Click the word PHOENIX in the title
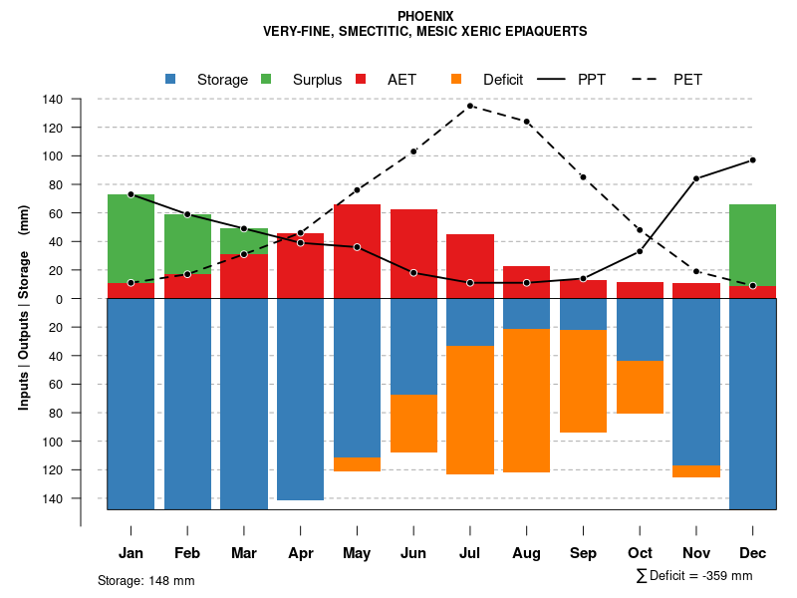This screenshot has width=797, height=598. (x=425, y=16)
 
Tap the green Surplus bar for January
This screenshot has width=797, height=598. (x=131, y=238)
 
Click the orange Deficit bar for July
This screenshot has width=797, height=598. (x=470, y=410)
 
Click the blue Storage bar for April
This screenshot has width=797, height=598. (x=300, y=399)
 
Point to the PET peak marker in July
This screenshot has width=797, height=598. (x=470, y=106)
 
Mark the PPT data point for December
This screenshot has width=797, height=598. (x=752, y=160)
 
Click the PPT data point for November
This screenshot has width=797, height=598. (x=696, y=178)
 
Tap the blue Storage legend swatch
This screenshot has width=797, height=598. (x=171, y=80)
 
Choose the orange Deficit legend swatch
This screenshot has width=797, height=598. (x=457, y=80)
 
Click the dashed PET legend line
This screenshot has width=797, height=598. (x=648, y=80)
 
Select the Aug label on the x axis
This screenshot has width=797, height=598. (x=526, y=553)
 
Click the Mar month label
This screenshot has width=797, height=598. (x=243, y=553)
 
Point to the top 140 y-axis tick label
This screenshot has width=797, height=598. (x=53, y=100)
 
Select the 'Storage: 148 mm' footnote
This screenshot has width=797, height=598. (x=145, y=580)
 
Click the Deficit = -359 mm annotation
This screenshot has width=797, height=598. (x=694, y=576)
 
